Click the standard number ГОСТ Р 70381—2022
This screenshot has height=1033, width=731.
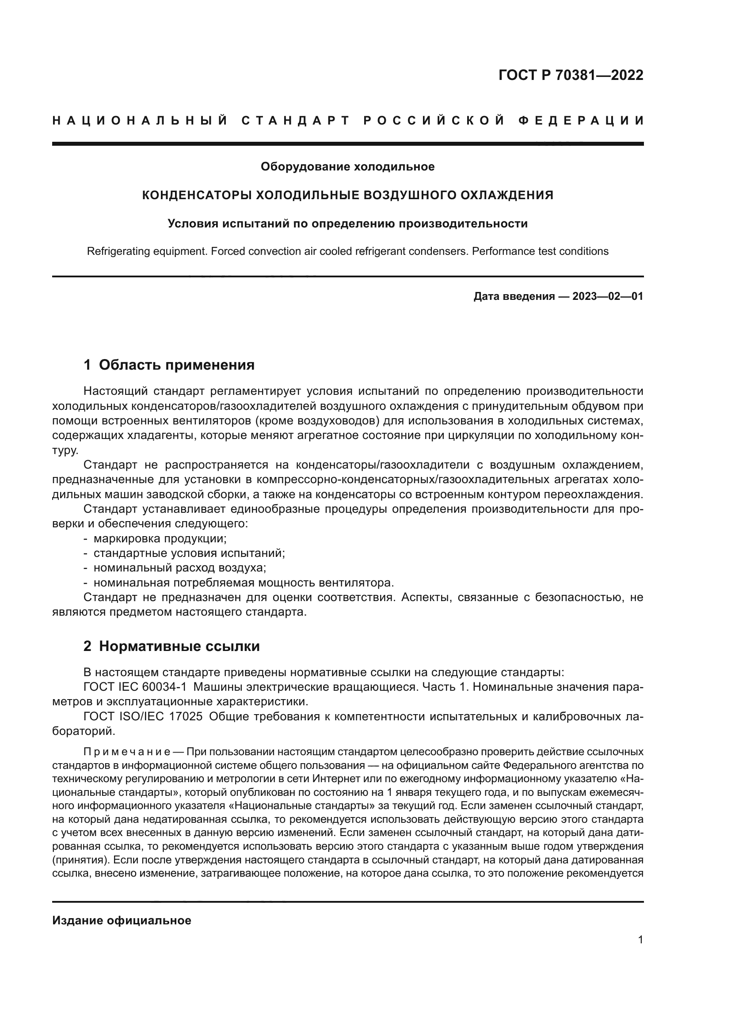coord(571,75)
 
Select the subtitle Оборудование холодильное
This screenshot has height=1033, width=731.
coord(347,167)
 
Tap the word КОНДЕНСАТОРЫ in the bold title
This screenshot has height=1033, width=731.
coord(197,195)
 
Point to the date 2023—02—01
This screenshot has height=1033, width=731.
coord(607,296)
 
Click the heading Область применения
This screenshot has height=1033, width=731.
coord(176,365)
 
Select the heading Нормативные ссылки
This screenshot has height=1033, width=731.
coord(179,647)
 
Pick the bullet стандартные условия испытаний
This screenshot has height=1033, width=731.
coord(189,553)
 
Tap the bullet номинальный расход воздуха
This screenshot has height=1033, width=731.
coord(179,568)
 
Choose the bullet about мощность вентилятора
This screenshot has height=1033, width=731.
coord(243,583)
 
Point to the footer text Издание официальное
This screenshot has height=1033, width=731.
coord(122,920)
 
